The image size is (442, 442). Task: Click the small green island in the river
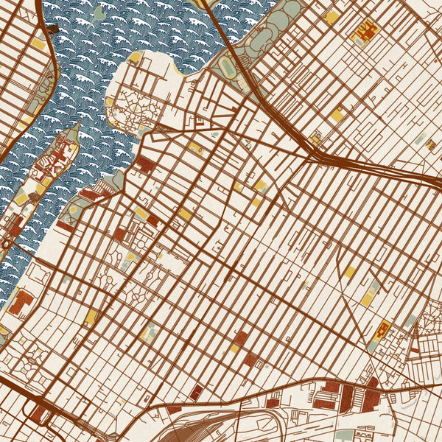point(99,12)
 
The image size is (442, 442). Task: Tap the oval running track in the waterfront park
point(228,67)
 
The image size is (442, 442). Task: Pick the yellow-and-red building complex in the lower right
point(382,331)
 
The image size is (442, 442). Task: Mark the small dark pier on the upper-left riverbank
point(52,29)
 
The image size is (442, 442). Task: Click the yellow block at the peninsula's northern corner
point(136,57)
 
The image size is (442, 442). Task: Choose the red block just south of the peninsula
point(145,164)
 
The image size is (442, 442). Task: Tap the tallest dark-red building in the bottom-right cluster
point(347,398)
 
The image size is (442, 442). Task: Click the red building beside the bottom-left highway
point(37,414)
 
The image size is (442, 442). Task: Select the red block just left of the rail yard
point(174,409)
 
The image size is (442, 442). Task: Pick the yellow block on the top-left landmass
point(38,43)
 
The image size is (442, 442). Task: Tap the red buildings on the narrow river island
point(59,155)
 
